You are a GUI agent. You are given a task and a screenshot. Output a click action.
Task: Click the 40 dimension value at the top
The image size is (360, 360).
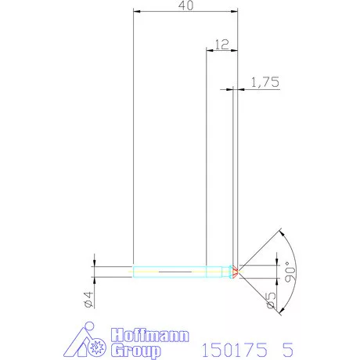coord(186,5)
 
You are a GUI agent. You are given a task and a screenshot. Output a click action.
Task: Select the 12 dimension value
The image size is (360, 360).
coord(221,45)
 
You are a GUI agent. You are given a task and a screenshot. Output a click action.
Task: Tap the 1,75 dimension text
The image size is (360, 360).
coord(265,82)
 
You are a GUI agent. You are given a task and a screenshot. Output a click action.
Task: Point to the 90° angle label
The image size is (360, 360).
coord(290,272)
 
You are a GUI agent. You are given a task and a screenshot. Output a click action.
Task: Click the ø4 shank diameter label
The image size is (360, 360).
coord(88,300)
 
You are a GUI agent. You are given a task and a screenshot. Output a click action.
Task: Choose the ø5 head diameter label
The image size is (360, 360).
coord(271,300)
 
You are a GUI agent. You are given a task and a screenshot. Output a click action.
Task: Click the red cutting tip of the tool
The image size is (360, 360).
coord(235,272)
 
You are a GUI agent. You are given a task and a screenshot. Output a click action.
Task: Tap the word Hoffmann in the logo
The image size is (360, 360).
coord(149,335)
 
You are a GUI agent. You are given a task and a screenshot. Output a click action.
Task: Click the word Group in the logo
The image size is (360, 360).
coord(135,351)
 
